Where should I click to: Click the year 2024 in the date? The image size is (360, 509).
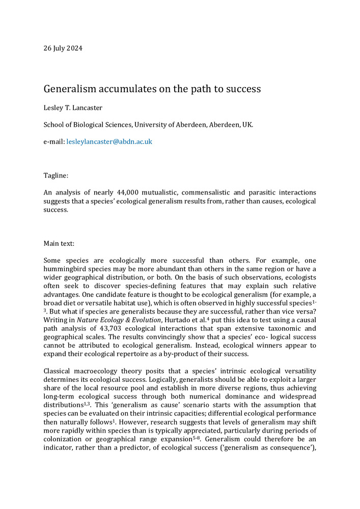(x=74, y=49)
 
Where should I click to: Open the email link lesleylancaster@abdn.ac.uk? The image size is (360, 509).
(x=109, y=142)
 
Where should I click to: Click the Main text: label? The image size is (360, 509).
(x=61, y=243)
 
